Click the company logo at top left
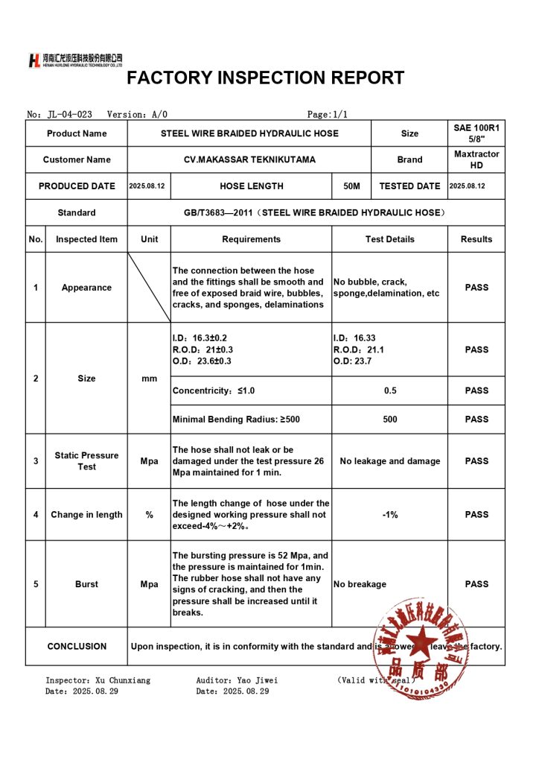point(74,60)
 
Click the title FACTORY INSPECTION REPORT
point(265,78)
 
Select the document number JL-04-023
point(69,114)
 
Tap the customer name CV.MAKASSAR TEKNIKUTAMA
point(249,159)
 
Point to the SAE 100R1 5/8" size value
point(476,133)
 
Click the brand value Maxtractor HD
point(476,159)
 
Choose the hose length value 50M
point(352,186)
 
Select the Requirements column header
point(251,239)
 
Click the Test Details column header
point(389,239)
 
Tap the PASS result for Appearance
point(476,288)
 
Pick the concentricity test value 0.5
point(389,390)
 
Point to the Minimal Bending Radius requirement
point(236,420)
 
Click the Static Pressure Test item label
point(86,460)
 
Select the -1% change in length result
point(389,515)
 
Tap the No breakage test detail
point(360,584)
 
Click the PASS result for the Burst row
point(476,584)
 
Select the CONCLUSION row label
point(77,646)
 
